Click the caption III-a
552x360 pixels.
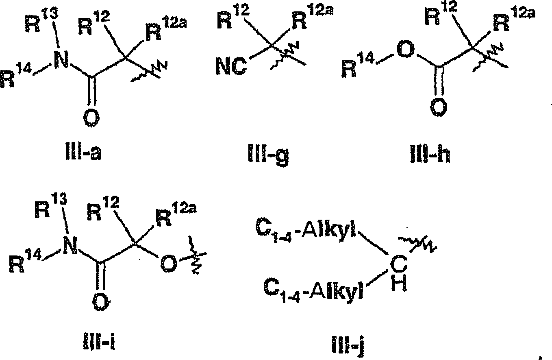coord(83,153)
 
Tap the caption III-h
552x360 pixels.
coord(430,154)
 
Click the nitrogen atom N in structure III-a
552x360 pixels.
coord(61,60)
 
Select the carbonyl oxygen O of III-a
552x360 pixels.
coord(91,118)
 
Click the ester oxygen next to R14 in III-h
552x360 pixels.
coord(406,50)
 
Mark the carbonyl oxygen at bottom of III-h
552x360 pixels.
coord(439,107)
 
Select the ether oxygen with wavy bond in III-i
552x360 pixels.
coord(169,264)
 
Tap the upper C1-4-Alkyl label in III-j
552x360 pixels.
coord(306,230)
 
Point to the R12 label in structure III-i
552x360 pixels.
coord(103,209)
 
